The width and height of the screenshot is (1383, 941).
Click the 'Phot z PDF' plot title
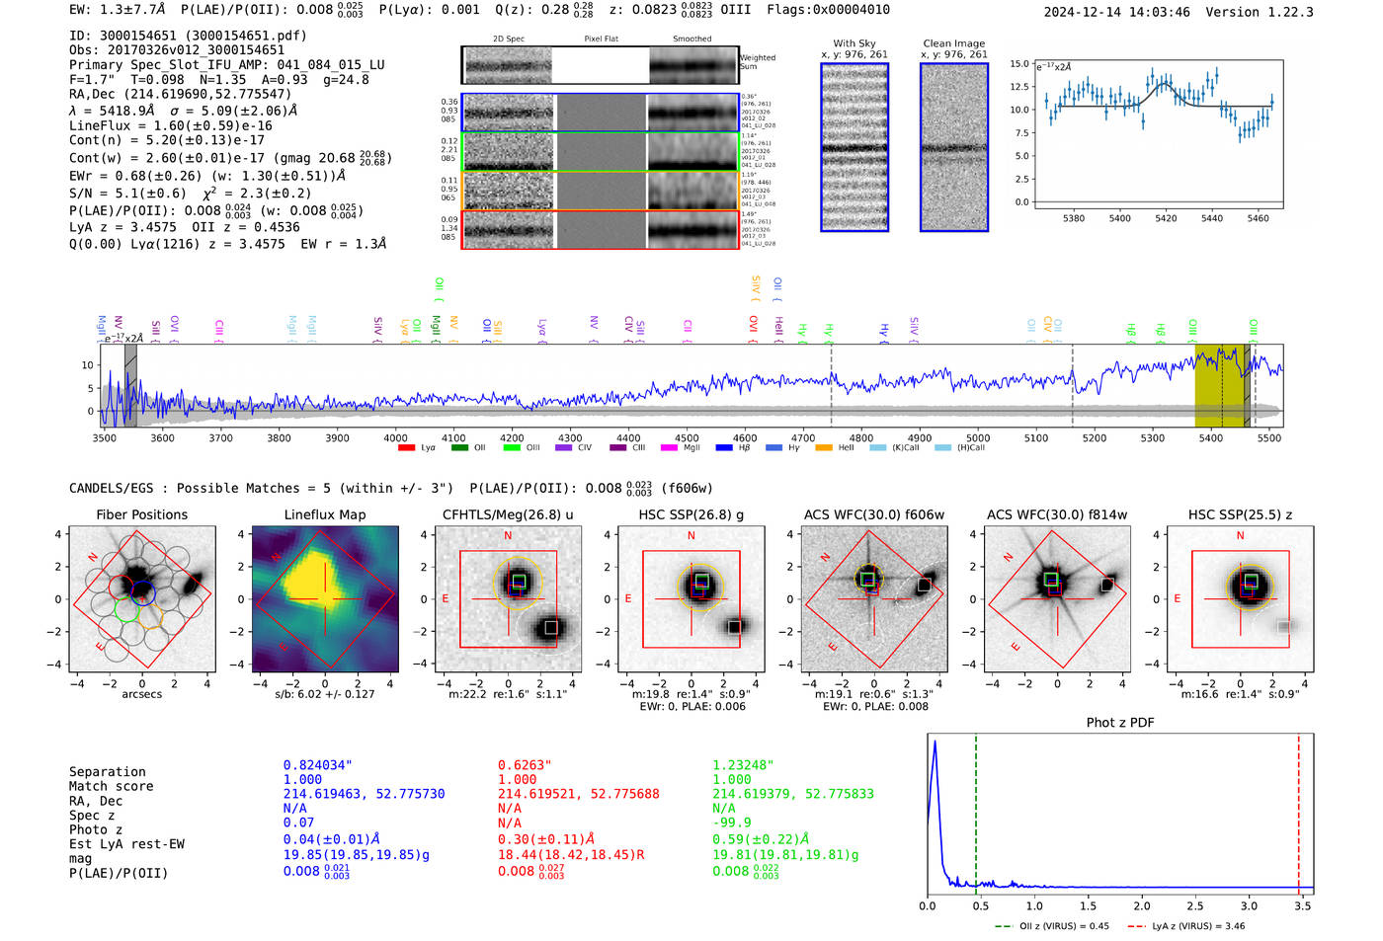[1120, 723]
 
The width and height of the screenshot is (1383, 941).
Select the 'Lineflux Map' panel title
[324, 514]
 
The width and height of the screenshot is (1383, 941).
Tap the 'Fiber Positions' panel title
[141, 514]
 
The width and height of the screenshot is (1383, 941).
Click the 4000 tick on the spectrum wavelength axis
[395, 438]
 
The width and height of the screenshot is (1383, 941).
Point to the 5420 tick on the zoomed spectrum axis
[1166, 218]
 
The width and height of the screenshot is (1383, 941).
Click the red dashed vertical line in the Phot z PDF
[1298, 810]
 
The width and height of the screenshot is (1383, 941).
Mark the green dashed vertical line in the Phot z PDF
[975, 810]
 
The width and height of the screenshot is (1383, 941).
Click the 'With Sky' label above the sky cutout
[854, 43]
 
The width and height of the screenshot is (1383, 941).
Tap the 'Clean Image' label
[953, 43]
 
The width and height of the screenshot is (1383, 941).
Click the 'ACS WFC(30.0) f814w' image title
[1057, 514]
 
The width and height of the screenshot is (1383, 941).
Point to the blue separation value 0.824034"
[317, 765]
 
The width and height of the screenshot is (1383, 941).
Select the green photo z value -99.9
[731, 823]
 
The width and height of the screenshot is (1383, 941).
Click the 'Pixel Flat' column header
[601, 39]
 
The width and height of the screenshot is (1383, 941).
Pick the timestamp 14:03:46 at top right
[1158, 12]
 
